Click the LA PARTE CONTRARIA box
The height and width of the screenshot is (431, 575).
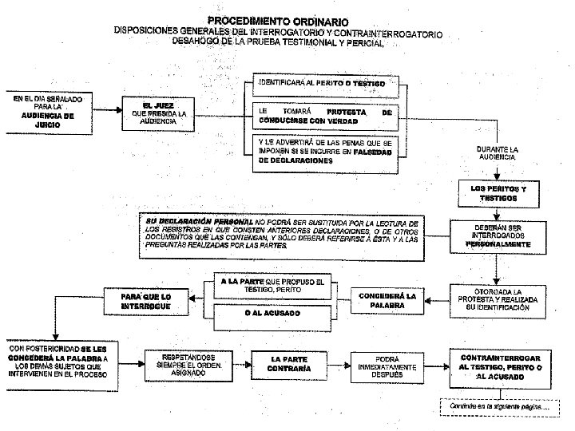point(284,363)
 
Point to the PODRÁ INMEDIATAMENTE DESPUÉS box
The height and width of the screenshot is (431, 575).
point(381,364)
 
